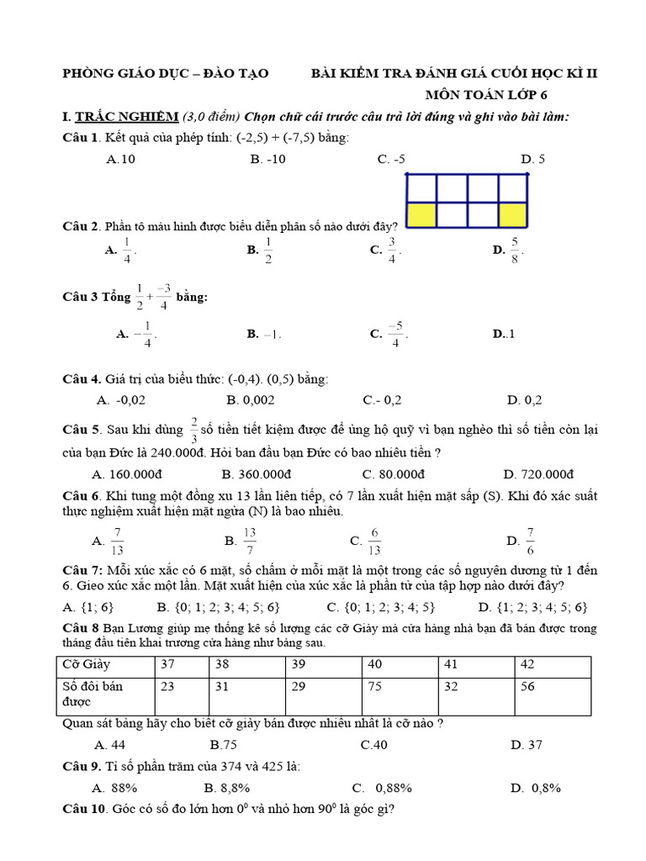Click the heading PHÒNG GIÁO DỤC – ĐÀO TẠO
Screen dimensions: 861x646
[x=166, y=74]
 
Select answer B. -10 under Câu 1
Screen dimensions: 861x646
[x=267, y=158]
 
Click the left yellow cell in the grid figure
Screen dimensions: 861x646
[x=422, y=214]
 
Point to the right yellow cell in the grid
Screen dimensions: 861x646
[x=512, y=214]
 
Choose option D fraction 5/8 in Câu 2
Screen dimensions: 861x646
[x=509, y=250]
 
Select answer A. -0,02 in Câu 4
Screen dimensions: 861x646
[x=121, y=400]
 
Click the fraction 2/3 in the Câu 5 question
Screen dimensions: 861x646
[x=193, y=429]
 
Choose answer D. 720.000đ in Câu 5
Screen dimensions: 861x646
[x=538, y=474]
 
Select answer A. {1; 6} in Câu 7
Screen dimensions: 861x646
[x=88, y=607]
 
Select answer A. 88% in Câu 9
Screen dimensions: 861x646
[x=115, y=788]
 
